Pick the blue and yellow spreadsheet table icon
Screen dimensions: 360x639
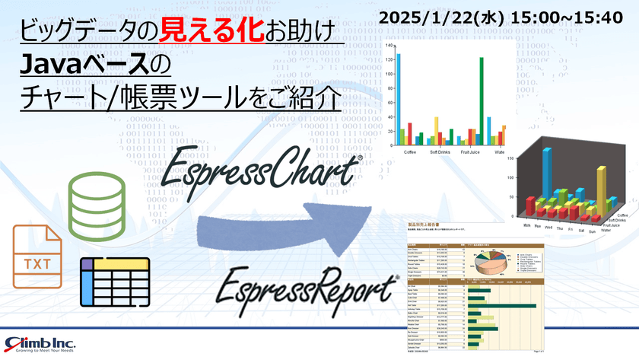(x=114, y=281)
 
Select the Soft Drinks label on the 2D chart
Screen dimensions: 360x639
(x=439, y=152)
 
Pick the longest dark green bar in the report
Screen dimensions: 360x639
(x=503, y=306)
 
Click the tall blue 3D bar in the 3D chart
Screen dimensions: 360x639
(x=545, y=173)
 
